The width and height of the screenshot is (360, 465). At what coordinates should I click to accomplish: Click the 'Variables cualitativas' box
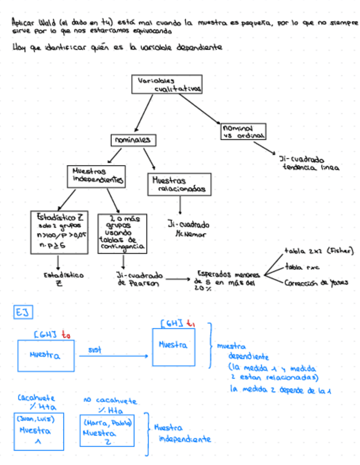(167, 84)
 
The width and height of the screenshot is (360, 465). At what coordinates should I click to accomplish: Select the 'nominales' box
(131, 140)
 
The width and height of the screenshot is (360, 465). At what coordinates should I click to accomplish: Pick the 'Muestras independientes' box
(96, 175)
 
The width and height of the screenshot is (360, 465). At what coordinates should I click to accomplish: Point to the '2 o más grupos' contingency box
(121, 233)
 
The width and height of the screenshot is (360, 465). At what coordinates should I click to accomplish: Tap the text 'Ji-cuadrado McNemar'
(188, 229)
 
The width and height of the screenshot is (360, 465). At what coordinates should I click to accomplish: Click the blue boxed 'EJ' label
(22, 312)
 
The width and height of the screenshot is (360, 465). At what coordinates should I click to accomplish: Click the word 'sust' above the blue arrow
(94, 349)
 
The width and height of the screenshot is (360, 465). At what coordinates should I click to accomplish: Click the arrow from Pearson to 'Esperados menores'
(177, 279)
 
